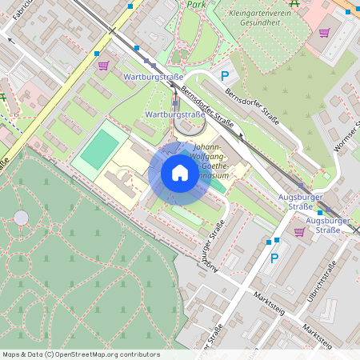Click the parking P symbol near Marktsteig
[x=274, y=258]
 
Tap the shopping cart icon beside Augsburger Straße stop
[x=299, y=232]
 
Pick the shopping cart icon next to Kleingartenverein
[x=324, y=33]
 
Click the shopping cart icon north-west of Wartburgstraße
[x=102, y=66]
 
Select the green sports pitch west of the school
[x=99, y=150]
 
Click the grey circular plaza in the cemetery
[x=21, y=218]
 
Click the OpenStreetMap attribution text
[x=80, y=354]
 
